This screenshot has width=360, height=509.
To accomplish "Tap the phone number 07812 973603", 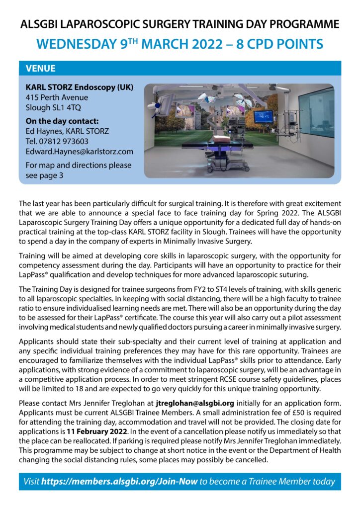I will [65, 141].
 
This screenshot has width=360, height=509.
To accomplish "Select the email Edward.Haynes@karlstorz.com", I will [80, 151].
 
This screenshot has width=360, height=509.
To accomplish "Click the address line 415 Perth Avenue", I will [57, 97].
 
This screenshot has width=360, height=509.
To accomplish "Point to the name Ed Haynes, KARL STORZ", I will [67, 131].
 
